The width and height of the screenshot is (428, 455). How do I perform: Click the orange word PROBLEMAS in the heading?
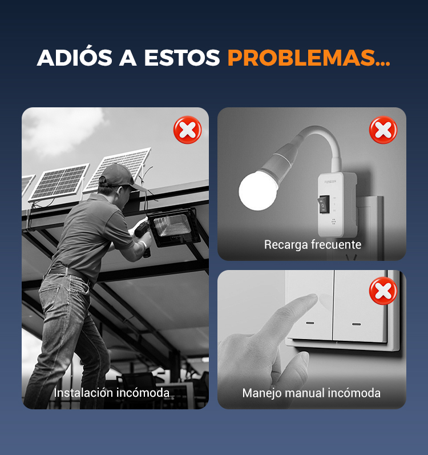pyautogui.click(x=309, y=58)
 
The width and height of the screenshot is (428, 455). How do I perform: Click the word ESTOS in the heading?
pyautogui.click(x=182, y=58)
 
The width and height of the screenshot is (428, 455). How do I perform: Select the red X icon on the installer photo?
pyautogui.click(x=187, y=130)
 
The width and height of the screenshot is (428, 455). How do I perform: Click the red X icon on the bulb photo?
pyautogui.click(x=383, y=130)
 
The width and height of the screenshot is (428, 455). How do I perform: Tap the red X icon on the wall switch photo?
pyautogui.click(x=383, y=291)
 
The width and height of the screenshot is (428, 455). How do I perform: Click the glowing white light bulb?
pyautogui.click(x=257, y=190)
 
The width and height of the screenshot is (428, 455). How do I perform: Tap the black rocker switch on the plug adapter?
pyautogui.click(x=324, y=204)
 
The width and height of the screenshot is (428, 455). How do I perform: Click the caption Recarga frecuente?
pyautogui.click(x=313, y=244)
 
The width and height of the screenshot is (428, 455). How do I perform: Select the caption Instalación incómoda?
pyautogui.click(x=112, y=393)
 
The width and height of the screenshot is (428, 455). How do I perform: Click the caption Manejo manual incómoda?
pyautogui.click(x=312, y=393)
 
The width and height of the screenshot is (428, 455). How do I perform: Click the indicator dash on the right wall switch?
pyautogui.click(x=356, y=324)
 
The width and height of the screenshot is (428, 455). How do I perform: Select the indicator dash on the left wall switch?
pyautogui.click(x=310, y=323)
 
